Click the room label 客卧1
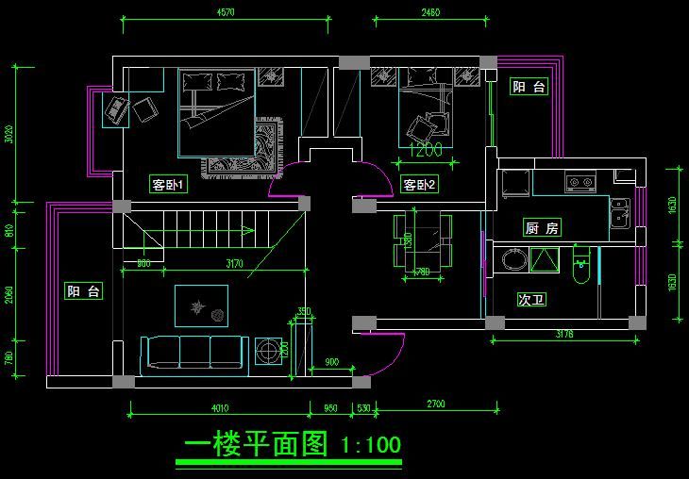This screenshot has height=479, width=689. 169,186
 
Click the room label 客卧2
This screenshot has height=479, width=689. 419,185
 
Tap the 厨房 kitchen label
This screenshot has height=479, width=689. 542,228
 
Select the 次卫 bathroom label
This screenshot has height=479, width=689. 531,300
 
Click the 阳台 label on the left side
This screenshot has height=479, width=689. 83,291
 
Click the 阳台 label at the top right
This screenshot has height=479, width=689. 529,88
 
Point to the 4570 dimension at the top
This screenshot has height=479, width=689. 226,13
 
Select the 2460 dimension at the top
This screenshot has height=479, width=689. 429,13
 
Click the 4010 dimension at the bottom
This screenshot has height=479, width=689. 220,408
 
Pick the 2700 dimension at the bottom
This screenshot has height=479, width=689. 436,405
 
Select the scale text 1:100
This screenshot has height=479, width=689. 371,444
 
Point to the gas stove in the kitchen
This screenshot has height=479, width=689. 578,181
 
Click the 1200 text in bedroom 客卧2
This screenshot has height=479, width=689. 426,149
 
